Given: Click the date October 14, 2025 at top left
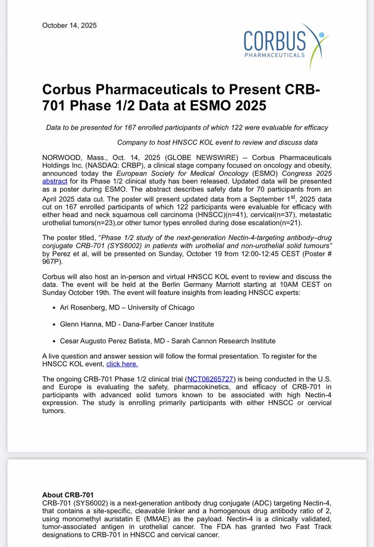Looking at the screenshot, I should [69, 25].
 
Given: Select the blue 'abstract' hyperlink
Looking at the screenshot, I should [55, 182].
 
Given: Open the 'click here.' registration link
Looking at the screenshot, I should [122, 364].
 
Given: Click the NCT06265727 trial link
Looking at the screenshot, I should [210, 379].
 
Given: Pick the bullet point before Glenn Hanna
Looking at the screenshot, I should [54, 325].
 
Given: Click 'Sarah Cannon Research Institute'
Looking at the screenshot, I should [223, 341].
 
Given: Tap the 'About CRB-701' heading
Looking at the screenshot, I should [68, 495].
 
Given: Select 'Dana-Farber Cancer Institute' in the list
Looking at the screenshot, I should [168, 325].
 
